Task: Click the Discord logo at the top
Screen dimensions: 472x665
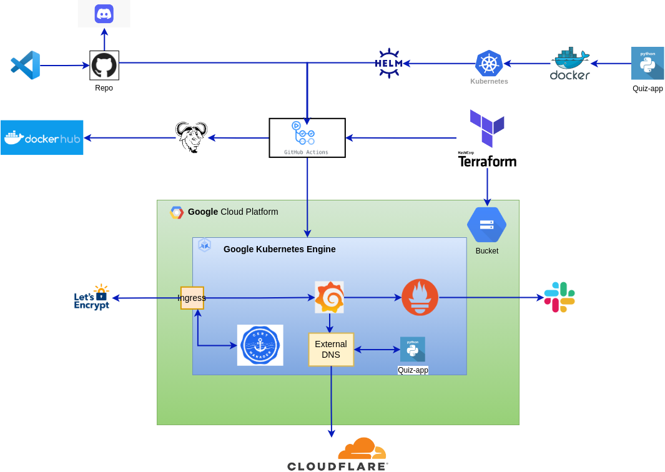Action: tap(104, 14)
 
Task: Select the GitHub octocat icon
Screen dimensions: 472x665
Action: tap(104, 65)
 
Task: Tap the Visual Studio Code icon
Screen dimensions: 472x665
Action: tap(26, 65)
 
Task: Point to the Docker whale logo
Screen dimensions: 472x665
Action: tap(570, 64)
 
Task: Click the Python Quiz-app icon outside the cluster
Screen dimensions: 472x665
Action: tap(648, 64)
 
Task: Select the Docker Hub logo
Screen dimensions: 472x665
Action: tap(42, 137)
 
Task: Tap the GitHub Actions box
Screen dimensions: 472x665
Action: tap(307, 137)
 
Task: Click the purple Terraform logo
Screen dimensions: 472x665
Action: tap(487, 128)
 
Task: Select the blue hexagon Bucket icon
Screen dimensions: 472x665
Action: tap(486, 225)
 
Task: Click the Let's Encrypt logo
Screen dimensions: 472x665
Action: tap(91, 297)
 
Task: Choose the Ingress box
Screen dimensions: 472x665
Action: tap(192, 298)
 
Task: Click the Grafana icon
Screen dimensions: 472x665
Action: tap(329, 297)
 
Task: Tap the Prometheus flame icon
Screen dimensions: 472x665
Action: tap(420, 297)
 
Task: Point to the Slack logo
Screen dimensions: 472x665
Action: tap(559, 297)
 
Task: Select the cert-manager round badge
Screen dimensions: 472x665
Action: tap(260, 345)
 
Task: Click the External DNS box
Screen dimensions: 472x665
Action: tap(331, 349)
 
